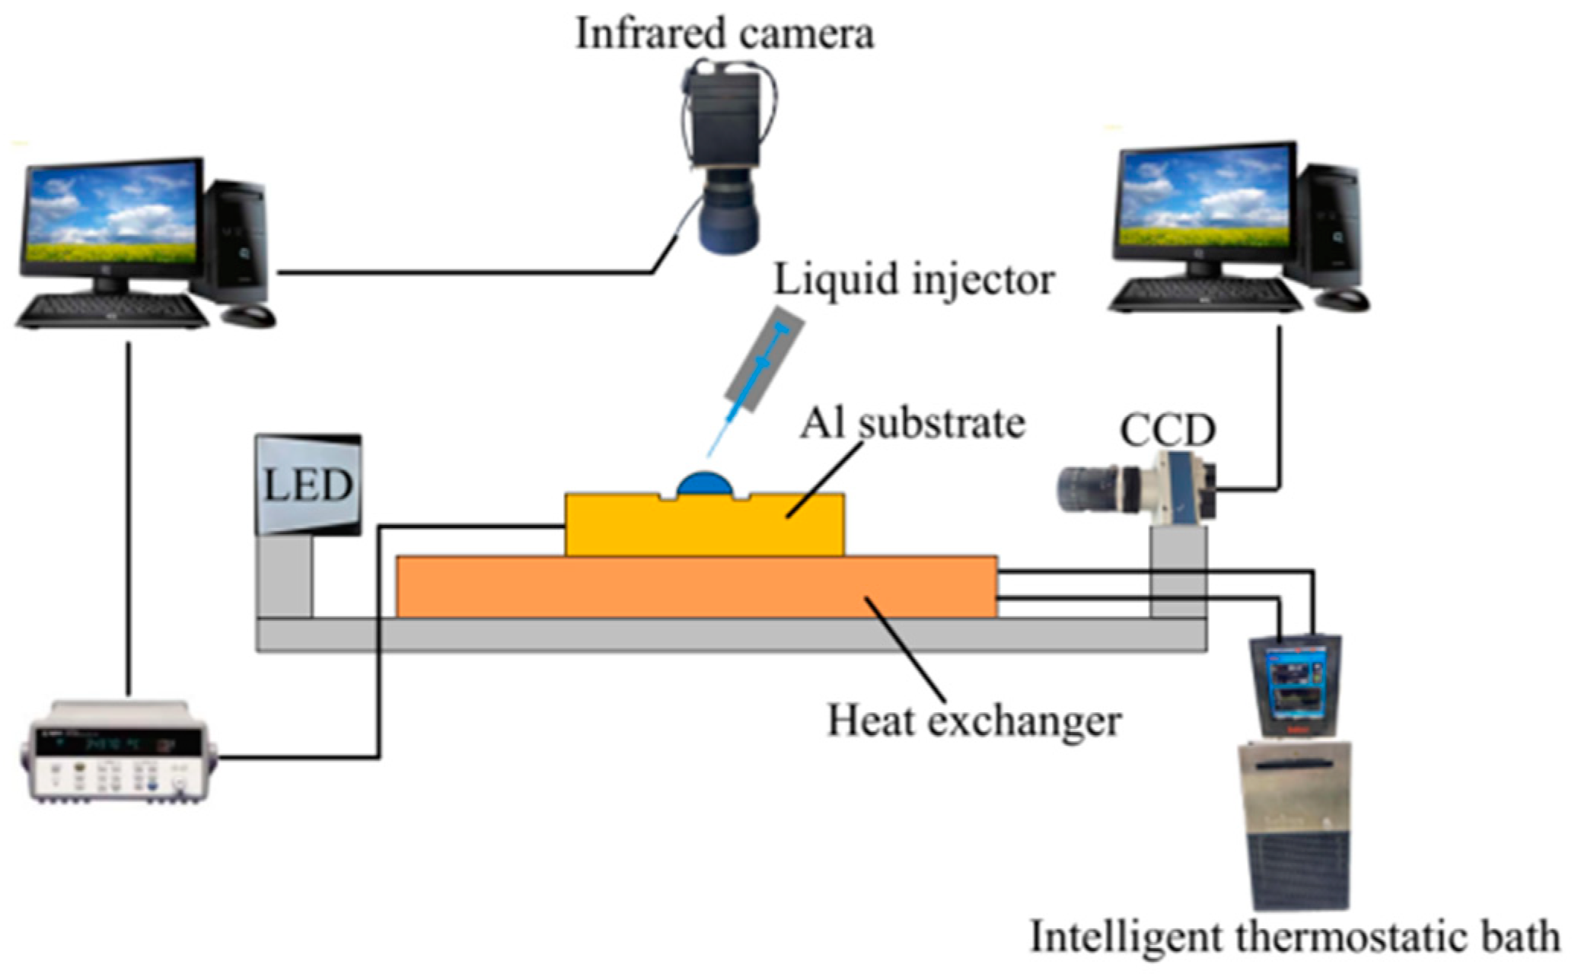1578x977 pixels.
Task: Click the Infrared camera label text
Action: point(724,33)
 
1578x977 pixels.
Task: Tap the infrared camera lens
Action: point(728,221)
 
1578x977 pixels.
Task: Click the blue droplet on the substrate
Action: point(706,485)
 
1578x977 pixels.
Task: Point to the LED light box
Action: point(308,484)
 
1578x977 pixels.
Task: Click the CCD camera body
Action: point(1176,487)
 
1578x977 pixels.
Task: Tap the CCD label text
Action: point(1167,430)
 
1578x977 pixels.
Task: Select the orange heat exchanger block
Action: point(697,587)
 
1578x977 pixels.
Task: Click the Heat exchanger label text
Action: point(974,721)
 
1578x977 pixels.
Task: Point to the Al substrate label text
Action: point(912,424)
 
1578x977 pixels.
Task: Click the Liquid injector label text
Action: point(913,279)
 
